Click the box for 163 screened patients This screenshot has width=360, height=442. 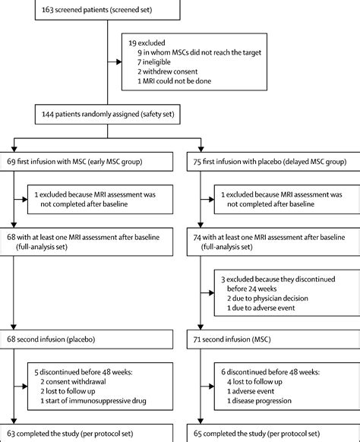pos(102,10)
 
